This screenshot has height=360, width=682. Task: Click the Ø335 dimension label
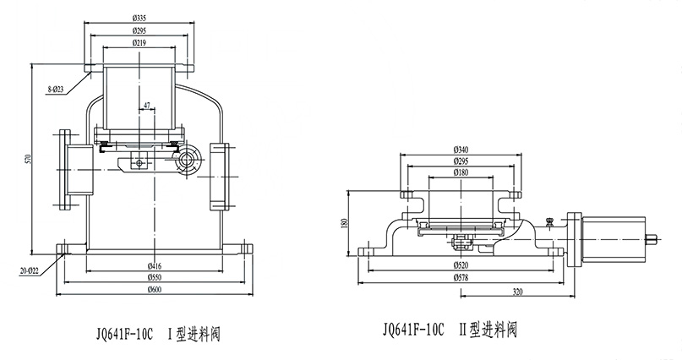[x=140, y=16]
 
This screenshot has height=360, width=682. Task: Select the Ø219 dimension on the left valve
[x=140, y=41]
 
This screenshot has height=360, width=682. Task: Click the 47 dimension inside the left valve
[x=147, y=106]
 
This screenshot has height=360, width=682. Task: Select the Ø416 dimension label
[x=155, y=265]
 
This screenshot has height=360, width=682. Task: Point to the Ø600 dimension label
[x=155, y=290]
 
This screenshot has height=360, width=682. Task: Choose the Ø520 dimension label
[x=462, y=265]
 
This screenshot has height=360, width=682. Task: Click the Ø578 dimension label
[x=462, y=276]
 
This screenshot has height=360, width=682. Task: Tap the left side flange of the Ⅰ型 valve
[x=65, y=168]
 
